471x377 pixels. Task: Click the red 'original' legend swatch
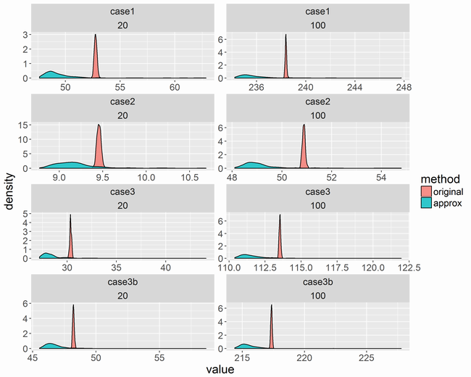pos(428,191)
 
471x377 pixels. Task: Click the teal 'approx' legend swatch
pos(428,204)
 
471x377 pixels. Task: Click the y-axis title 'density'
pos(9,191)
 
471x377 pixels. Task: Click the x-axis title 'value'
pos(220,369)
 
